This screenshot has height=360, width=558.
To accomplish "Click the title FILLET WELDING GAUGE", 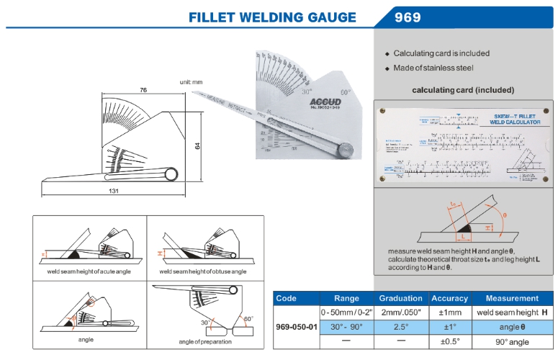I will [x=272, y=17].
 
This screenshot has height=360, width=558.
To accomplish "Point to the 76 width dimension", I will [x=144, y=90].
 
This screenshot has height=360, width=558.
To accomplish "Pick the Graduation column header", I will [x=401, y=298].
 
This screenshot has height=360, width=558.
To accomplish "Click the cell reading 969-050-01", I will [x=295, y=326].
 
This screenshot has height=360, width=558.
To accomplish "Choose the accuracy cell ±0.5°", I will [x=449, y=341].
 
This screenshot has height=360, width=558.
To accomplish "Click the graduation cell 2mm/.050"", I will [x=401, y=312].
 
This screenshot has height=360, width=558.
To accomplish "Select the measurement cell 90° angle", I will [x=512, y=341].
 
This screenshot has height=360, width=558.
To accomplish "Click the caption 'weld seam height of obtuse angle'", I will [x=202, y=271].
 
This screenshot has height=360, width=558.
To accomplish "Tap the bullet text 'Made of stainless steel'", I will [x=433, y=68].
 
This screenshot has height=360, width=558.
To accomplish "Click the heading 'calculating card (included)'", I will [x=462, y=90].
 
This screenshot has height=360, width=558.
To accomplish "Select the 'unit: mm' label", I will [x=192, y=83].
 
